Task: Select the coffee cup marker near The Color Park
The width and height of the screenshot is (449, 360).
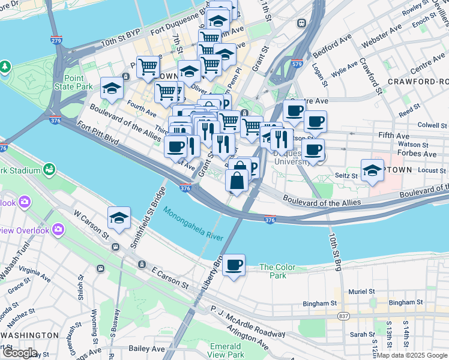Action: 234,265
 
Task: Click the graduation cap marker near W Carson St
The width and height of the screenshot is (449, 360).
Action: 119,218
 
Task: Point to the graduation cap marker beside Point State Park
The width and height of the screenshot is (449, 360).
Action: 112,89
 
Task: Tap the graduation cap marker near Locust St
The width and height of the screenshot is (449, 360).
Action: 372,170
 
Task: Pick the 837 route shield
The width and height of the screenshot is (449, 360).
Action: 343,316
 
